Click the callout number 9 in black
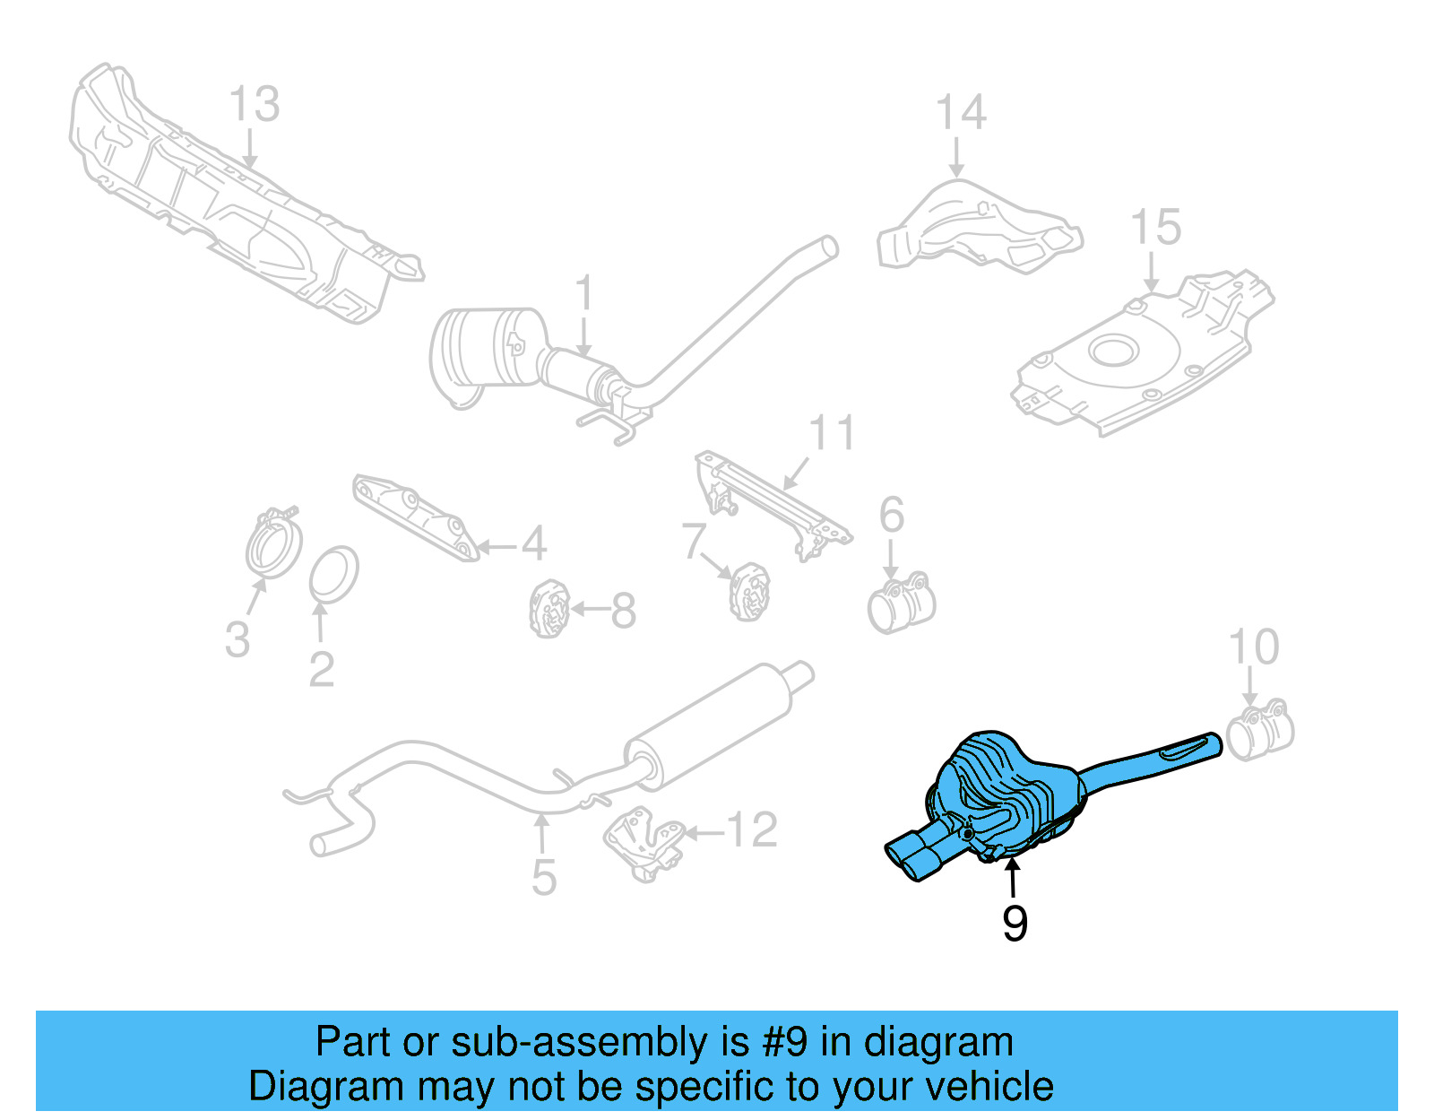[1014, 924]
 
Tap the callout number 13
[255, 104]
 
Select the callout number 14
[961, 113]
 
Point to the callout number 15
[1155, 228]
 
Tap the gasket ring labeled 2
[334, 574]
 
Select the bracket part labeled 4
[415, 517]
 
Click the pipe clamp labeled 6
[902, 603]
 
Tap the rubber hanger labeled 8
[549, 610]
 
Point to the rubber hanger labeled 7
[749, 592]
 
